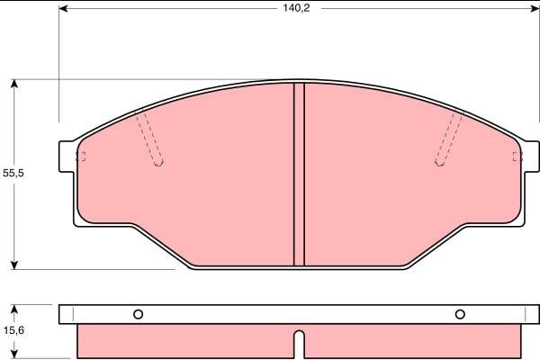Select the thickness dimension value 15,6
coord(13,331)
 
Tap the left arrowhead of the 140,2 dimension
coord(64,10)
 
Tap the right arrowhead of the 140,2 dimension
coord(521,10)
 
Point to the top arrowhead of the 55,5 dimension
coord(14,85)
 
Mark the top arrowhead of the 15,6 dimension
coord(14,309)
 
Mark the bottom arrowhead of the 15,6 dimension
coord(14,354)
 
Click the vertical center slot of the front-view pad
coord(300,175)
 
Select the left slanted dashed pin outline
coord(149,138)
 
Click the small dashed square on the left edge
coord(80,157)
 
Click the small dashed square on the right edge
coord(517,157)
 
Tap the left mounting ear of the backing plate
coord(66,157)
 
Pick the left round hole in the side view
coord(138,314)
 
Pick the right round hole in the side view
coord(460,314)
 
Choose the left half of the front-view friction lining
coord(198,189)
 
